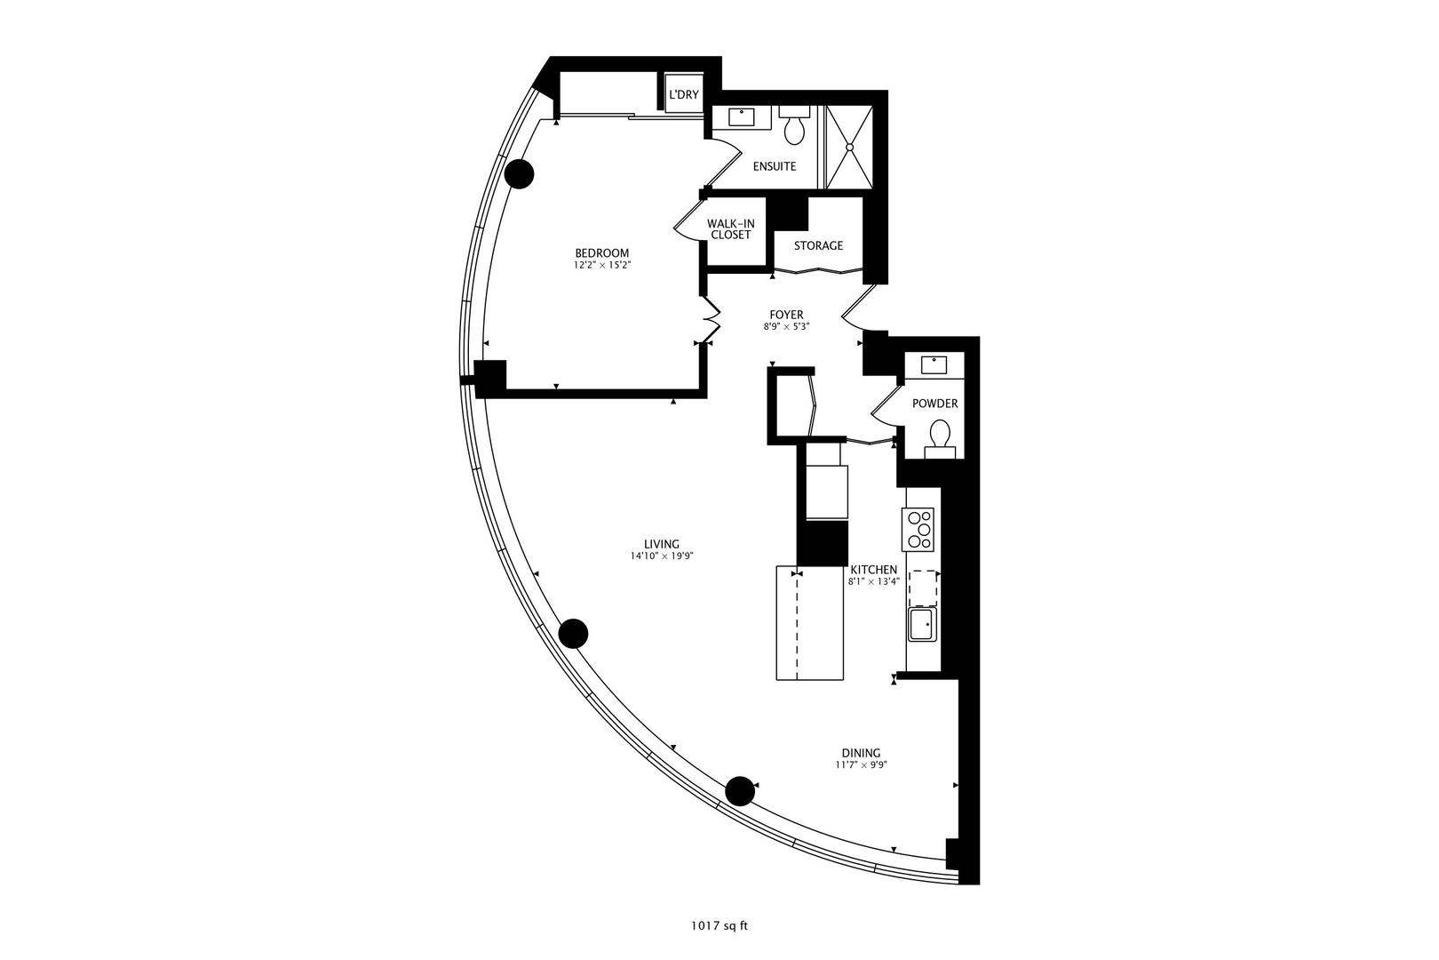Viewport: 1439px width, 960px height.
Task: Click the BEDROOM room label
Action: click(601, 253)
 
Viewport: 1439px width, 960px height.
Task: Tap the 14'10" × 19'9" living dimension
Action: click(661, 556)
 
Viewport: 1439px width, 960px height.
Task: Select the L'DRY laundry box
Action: click(684, 94)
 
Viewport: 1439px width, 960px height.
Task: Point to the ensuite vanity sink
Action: click(741, 116)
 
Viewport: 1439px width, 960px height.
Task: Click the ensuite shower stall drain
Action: click(850, 147)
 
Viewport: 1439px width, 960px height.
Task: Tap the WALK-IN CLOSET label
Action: click(730, 229)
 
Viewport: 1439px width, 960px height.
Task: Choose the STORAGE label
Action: click(818, 245)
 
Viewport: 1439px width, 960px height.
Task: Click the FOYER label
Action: click(786, 315)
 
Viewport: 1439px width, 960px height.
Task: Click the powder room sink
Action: click(934, 364)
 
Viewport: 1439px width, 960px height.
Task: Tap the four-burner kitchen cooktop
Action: click(918, 528)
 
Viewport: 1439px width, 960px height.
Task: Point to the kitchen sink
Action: click(921, 624)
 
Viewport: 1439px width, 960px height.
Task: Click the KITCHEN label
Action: click(874, 570)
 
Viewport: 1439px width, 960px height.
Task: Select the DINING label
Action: click(861, 753)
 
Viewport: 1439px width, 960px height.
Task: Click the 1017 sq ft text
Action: click(719, 926)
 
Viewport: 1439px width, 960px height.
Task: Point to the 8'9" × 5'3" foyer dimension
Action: click(786, 327)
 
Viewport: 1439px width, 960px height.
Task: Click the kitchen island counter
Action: click(809, 623)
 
